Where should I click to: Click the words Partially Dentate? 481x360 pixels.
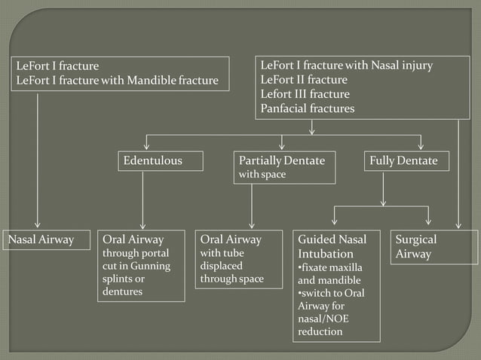(281, 160)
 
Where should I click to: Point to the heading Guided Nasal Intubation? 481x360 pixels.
(332, 246)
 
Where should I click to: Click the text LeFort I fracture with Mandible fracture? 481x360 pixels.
(117, 80)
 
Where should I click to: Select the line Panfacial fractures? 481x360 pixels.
(307, 108)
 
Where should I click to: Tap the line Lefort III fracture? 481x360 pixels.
(305, 94)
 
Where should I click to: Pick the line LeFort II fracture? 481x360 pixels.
(304, 80)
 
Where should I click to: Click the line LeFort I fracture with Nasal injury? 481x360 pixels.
(346, 66)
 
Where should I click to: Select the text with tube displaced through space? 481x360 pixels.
(231, 266)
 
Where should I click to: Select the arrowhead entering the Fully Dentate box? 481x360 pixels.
(421, 146)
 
